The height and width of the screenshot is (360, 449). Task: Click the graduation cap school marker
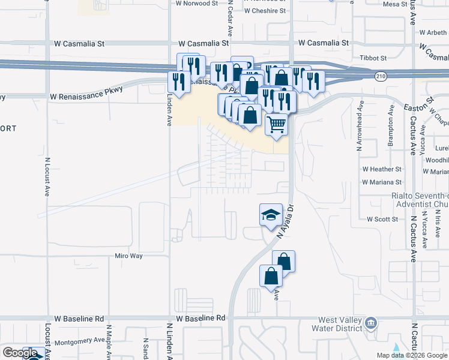click(271, 215)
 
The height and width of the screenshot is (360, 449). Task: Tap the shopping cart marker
click(276, 125)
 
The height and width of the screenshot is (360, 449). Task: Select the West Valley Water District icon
click(371, 324)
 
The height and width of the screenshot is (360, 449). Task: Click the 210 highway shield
click(381, 76)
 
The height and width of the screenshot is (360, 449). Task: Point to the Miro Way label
click(128, 256)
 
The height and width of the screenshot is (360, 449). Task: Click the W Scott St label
click(382, 220)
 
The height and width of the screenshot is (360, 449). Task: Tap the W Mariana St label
click(381, 182)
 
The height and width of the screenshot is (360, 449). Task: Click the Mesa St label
click(394, 4)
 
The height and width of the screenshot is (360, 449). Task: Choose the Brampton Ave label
click(391, 126)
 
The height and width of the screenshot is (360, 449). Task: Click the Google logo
click(20, 353)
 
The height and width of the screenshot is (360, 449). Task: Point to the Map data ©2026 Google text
click(412, 355)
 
